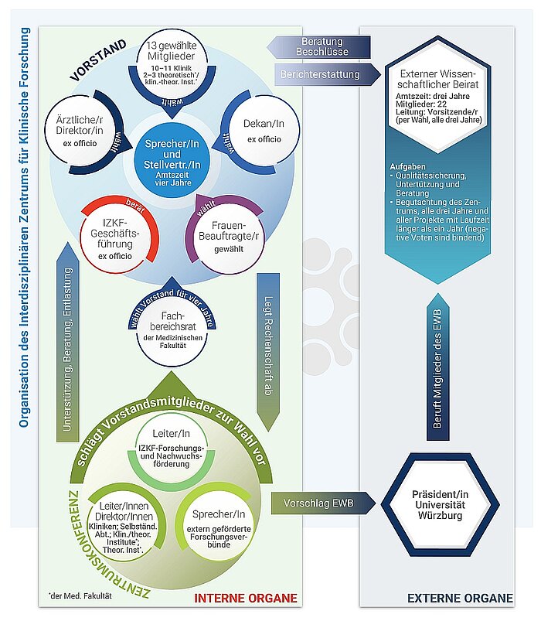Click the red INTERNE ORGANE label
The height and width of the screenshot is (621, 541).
tap(244, 598)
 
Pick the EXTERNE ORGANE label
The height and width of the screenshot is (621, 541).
tap(460, 598)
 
